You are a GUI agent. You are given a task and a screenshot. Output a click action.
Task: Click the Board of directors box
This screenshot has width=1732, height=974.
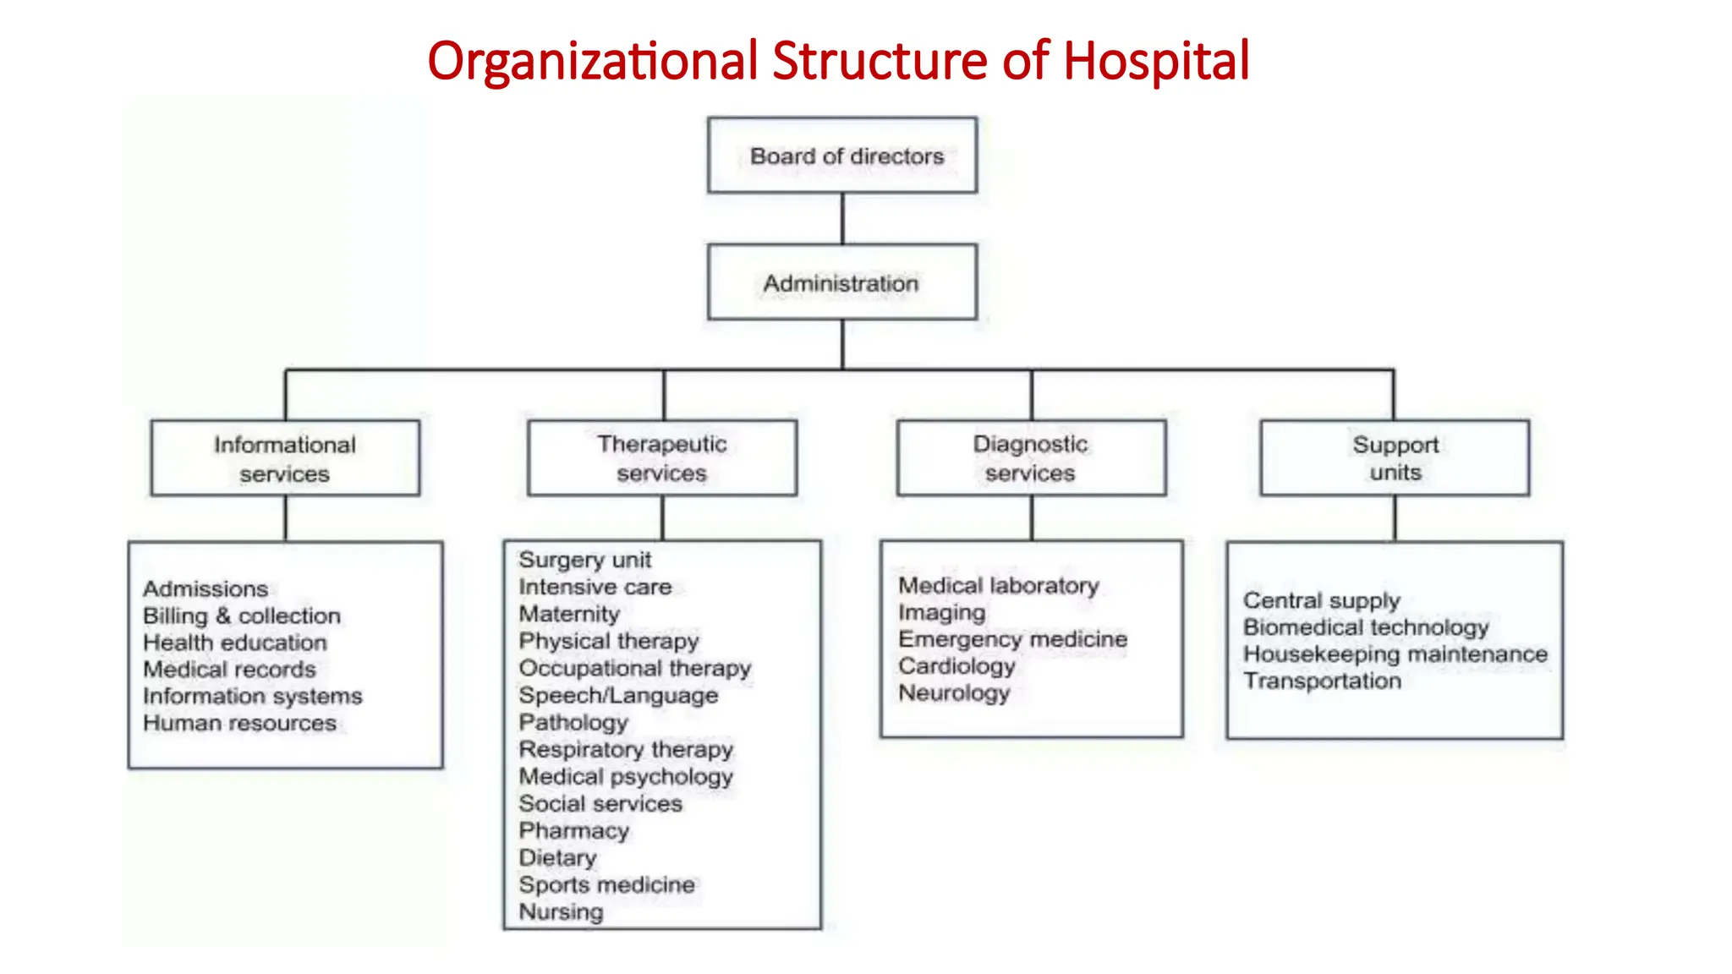[x=842, y=156]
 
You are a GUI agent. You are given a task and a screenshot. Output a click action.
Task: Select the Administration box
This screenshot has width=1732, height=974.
[x=842, y=282]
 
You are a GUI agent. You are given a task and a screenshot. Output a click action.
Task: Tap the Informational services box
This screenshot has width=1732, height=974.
[x=285, y=458]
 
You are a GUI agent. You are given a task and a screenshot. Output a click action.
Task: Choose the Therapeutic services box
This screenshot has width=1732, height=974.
[x=662, y=458]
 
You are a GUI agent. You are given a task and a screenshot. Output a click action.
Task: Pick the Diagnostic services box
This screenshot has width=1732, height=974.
[x=1031, y=458]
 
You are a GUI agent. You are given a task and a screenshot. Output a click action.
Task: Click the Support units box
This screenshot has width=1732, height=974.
[x=1395, y=458]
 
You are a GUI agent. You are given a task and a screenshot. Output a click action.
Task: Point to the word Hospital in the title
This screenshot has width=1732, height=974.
[x=1156, y=61]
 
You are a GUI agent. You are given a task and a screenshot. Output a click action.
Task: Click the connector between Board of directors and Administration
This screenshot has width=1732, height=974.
[x=842, y=219]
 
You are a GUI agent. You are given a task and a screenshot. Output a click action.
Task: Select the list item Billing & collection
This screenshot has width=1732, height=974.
[x=242, y=616]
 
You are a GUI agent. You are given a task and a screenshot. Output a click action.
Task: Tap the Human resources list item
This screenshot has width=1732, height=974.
[x=239, y=723]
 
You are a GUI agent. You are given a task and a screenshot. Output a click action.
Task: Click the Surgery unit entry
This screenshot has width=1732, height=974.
[x=585, y=560]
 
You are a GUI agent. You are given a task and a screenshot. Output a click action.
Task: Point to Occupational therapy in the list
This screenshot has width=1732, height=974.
[x=635, y=668]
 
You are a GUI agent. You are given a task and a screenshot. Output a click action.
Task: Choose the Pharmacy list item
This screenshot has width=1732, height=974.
[x=574, y=830]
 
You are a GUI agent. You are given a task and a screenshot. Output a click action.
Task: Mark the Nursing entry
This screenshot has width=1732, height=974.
[x=562, y=911]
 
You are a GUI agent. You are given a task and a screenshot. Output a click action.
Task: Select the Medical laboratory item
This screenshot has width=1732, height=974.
[x=999, y=585]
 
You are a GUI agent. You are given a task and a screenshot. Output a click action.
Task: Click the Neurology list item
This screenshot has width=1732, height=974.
[x=954, y=693]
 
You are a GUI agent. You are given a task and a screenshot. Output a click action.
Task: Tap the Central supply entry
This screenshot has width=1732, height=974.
[x=1322, y=600]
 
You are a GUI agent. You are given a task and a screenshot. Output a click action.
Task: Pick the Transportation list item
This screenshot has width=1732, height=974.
[x=1322, y=681]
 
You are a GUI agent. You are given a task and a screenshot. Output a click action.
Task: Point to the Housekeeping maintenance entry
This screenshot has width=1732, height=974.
[x=1395, y=654]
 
